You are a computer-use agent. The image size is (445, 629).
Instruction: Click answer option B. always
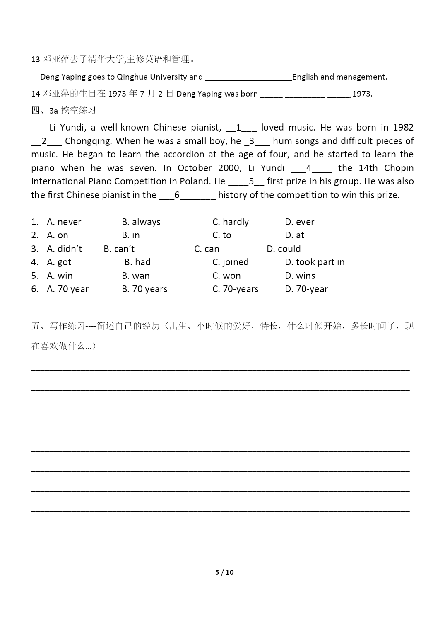[141, 222]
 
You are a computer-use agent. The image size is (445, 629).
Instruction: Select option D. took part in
[315, 262]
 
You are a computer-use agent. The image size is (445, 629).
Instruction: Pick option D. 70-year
[306, 289]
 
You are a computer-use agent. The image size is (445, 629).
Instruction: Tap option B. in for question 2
[131, 235]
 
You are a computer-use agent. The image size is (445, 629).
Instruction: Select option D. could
[284, 249]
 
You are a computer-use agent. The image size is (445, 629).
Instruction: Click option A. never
[64, 222]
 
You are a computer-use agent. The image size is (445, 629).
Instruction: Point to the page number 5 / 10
[224, 572]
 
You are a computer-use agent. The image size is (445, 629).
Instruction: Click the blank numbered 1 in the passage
[241, 128]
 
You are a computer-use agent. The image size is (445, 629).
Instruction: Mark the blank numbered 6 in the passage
[187, 196]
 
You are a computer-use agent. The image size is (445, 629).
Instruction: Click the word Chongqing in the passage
[88, 141]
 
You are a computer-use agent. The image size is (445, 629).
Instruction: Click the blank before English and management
[248, 77]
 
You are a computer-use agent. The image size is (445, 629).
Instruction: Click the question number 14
[35, 94]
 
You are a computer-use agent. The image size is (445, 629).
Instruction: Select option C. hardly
[231, 222]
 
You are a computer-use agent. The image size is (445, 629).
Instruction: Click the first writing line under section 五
[220, 368]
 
